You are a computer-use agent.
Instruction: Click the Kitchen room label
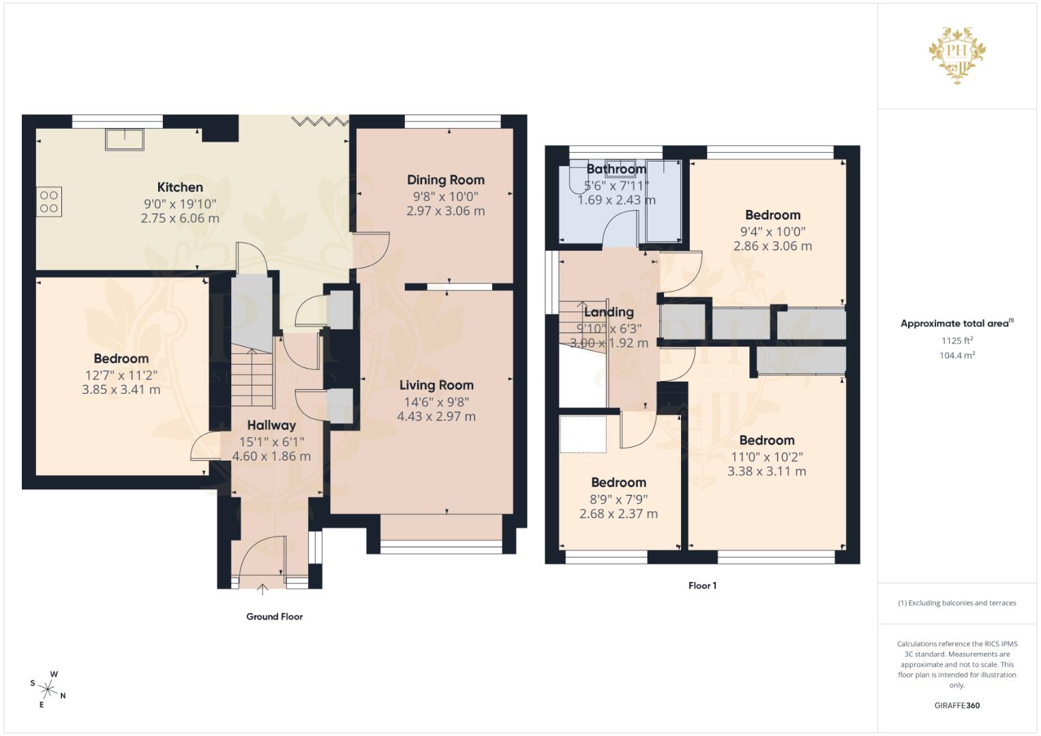click(180, 187)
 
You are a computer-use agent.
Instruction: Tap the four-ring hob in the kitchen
click(49, 202)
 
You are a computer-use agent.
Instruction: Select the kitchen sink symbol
click(125, 140)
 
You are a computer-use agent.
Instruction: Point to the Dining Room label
click(446, 180)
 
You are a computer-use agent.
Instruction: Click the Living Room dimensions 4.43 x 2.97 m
click(436, 416)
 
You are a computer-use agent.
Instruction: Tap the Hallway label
click(271, 425)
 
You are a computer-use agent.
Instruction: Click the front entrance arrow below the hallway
click(262, 589)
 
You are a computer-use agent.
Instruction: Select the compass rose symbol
click(48, 689)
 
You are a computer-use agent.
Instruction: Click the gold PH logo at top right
click(957, 55)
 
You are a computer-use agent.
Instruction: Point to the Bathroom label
click(616, 169)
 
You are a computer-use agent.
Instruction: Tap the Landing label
click(609, 312)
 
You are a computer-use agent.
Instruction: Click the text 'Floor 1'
click(702, 585)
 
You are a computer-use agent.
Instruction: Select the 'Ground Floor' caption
click(274, 617)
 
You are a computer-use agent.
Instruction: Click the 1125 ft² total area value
click(957, 341)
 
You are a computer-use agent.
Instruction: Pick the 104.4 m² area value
click(957, 356)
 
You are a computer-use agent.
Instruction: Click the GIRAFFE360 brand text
click(957, 705)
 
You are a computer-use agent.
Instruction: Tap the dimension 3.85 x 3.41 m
click(121, 389)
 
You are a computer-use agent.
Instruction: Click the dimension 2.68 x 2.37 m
click(618, 514)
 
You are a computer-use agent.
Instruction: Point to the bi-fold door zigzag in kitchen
click(320, 122)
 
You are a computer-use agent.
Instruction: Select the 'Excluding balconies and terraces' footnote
click(957, 603)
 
